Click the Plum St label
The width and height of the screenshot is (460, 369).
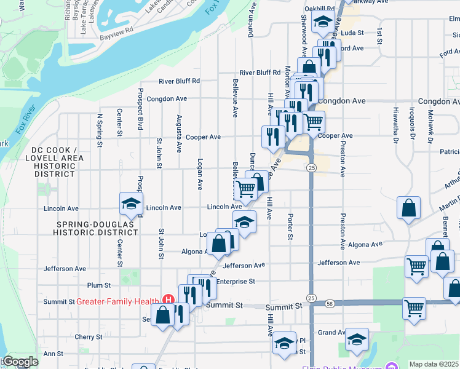tap(98, 285)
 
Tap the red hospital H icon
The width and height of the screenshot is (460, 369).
tap(166, 301)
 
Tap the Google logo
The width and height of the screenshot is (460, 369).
tap(20, 362)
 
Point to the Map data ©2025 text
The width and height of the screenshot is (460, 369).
tap(434, 364)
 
